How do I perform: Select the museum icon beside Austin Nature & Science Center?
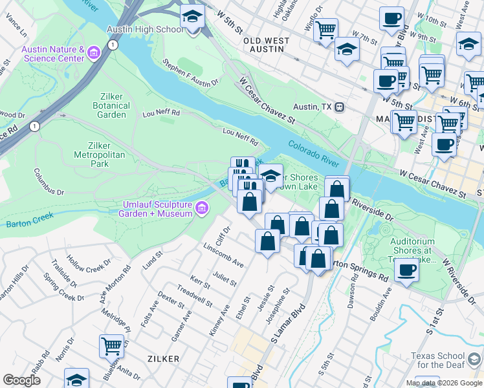pos(94,52)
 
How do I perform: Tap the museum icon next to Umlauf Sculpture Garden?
pos(203,208)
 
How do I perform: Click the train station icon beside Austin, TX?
pos(338,107)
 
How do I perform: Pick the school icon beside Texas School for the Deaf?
pos(474,360)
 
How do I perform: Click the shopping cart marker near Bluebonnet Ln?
pos(111,346)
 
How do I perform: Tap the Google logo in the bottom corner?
pos(21,380)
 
